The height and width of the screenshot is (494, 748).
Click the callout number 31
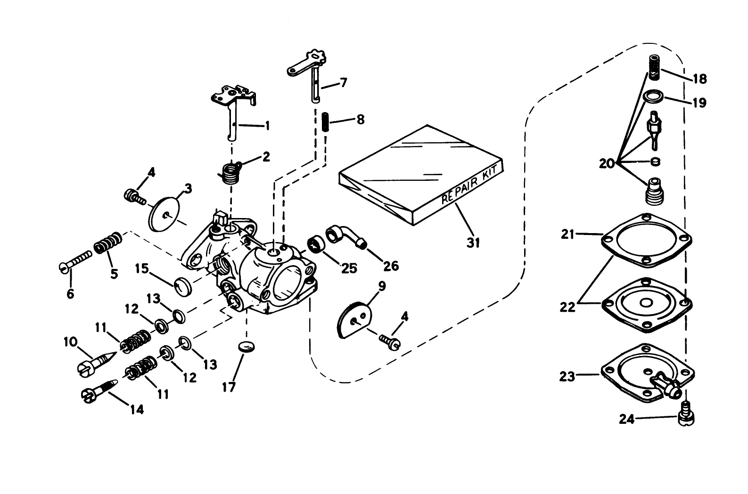473,243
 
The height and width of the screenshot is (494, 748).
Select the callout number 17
230,387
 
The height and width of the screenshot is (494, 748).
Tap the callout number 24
628,419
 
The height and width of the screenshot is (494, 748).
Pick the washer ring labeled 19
653,97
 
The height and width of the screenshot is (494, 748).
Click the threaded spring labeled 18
653,66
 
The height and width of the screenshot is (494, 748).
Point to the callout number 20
607,163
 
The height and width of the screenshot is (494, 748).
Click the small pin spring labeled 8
325,122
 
